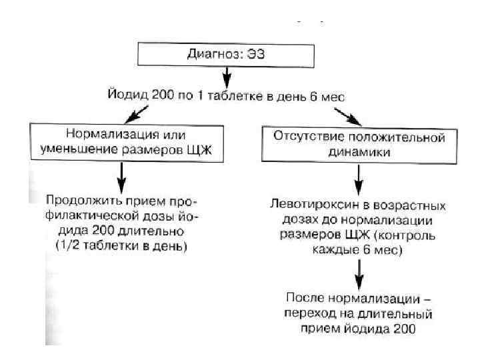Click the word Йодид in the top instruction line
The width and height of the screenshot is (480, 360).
(125, 97)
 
